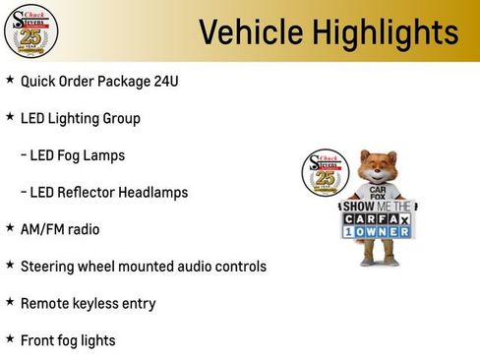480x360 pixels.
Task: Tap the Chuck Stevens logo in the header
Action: click(31, 31)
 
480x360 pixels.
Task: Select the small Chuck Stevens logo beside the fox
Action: click(325, 174)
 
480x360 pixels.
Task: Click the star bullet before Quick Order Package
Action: click(10, 80)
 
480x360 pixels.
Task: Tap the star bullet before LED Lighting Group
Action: click(10, 117)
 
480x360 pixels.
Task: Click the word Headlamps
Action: click(150, 192)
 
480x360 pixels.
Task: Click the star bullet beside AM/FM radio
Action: click(10, 228)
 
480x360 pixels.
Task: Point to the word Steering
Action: click(48, 267)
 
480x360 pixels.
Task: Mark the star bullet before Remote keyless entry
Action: click(10, 303)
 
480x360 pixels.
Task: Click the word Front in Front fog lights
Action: click(38, 340)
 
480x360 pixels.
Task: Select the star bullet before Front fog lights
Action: click(10, 339)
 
